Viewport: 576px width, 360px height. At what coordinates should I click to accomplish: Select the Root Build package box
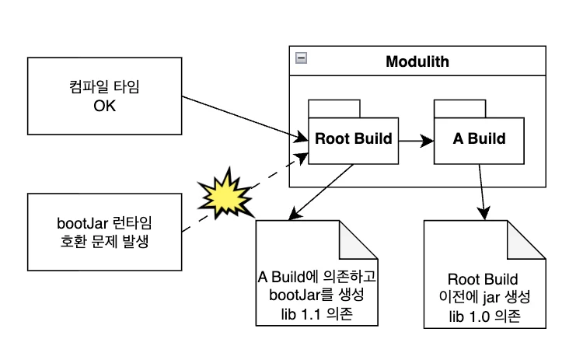(x=354, y=140)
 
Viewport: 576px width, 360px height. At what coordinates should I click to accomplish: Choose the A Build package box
(x=479, y=140)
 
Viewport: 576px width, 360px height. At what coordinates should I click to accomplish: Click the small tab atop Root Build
(x=333, y=108)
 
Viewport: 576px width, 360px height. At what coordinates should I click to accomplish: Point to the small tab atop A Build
(x=459, y=108)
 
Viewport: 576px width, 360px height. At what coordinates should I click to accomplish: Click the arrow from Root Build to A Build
(x=416, y=141)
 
